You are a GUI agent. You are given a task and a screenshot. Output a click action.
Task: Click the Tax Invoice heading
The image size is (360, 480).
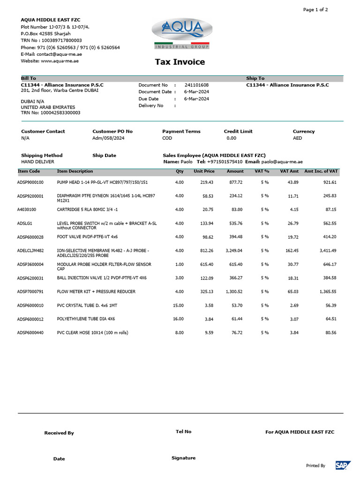coord(180,62)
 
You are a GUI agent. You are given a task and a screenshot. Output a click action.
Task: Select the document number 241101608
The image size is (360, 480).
coord(196,85)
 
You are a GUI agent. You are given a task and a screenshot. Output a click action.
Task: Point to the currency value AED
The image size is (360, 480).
coord(297,138)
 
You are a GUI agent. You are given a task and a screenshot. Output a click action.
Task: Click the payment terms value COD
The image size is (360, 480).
coord(167,138)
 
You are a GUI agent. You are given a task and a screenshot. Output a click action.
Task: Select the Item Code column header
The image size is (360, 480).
coord(29,172)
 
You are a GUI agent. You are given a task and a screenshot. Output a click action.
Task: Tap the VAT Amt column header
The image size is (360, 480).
coord(289,172)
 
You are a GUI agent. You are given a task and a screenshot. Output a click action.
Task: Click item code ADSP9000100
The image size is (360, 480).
coord(30,182)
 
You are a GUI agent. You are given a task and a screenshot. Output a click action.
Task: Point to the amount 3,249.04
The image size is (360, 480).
coord(234,251)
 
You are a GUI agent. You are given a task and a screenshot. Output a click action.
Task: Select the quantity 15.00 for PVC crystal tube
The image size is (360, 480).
coord(178,306)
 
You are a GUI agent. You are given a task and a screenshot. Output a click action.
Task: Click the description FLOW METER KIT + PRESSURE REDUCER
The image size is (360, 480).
coord(96,292)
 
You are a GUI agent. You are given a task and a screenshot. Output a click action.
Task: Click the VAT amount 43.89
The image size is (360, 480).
coord(292,182)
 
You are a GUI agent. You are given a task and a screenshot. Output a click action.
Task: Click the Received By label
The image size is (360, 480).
coord(59,433)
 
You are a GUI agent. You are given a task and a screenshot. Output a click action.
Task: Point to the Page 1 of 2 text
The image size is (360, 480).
coord(315,9)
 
